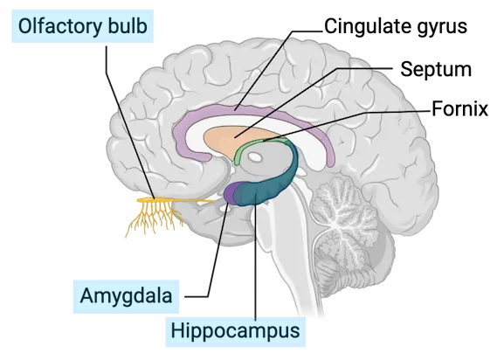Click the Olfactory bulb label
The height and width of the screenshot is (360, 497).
point(82,26)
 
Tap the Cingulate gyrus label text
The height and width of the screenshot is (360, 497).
point(396,26)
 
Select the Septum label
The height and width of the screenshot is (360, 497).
point(436,69)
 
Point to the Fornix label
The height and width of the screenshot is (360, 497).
point(460,108)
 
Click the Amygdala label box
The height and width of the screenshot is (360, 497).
point(126,296)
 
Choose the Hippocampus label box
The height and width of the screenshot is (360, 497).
point(236,331)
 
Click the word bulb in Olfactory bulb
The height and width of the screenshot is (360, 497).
point(128,26)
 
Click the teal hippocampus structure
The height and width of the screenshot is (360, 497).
point(273,185)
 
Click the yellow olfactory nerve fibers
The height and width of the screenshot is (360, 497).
point(155,212)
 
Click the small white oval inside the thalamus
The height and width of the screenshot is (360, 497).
point(254,156)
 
